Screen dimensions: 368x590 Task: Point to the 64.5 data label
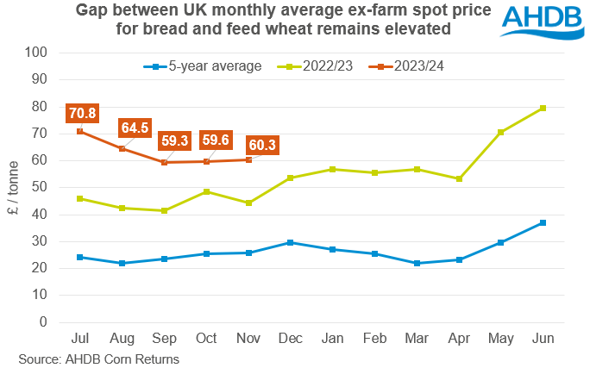[134, 128]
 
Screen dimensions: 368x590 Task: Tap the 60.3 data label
[260, 145]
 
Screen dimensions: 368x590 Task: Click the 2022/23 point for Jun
[543, 108]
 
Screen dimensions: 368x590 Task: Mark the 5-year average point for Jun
[543, 222]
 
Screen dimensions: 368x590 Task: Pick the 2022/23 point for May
[500, 132]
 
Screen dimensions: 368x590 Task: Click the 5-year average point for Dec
[291, 242]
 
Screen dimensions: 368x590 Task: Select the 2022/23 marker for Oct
[206, 191]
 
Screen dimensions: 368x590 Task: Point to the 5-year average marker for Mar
[417, 263]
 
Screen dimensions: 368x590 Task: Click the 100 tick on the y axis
[35, 52]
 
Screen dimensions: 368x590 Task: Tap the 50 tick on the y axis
[39, 187]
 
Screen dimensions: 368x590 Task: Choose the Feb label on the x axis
[374, 336]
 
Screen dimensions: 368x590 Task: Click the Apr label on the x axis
[459, 336]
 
